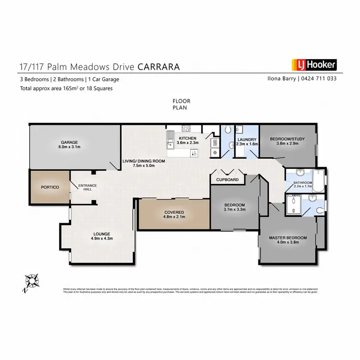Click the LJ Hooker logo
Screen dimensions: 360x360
click(314, 65)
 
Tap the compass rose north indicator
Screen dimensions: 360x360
click(32, 280)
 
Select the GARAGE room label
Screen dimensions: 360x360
click(69, 142)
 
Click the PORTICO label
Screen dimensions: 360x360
click(50, 187)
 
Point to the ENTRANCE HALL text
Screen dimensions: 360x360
click(87, 187)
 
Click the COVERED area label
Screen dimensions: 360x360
click(174, 212)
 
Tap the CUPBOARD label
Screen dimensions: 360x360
click(228, 180)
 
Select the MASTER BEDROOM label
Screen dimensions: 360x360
click(288, 238)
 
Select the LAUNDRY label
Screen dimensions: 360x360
click(247, 140)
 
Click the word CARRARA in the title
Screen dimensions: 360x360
click(159, 67)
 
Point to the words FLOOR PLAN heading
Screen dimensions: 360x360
click(181, 104)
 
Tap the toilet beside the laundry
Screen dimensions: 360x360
click(228, 130)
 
